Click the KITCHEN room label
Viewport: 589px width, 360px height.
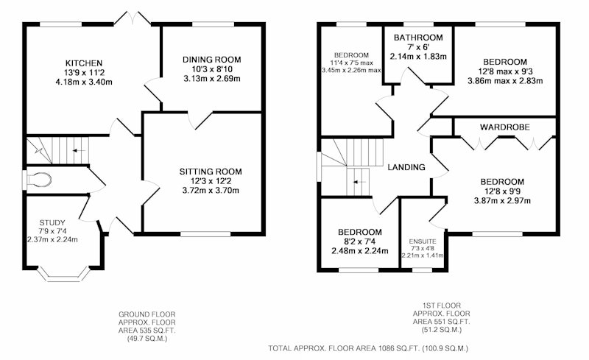84,63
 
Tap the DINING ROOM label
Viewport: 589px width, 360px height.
212,60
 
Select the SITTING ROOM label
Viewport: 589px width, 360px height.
211,172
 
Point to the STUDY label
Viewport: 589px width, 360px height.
52,223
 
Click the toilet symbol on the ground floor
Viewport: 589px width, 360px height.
39,180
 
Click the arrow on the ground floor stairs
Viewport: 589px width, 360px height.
79,151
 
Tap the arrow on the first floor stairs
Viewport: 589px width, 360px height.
359,183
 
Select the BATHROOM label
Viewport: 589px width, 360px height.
418,38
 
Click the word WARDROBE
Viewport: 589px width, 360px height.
505,127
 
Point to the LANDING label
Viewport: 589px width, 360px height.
406,167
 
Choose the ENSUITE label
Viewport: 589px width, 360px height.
423,241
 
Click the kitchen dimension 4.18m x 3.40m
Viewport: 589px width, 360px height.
84,82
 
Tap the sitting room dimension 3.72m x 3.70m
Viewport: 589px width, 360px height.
211,191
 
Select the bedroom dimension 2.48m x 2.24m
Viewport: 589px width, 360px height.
360,251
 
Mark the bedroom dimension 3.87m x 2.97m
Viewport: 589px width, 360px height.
502,201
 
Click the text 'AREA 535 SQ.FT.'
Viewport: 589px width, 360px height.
147,331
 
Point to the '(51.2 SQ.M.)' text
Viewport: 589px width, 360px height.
441,330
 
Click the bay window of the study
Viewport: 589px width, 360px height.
64,275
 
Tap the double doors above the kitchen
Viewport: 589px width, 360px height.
133,18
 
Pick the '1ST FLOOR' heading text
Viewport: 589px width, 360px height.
441,306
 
